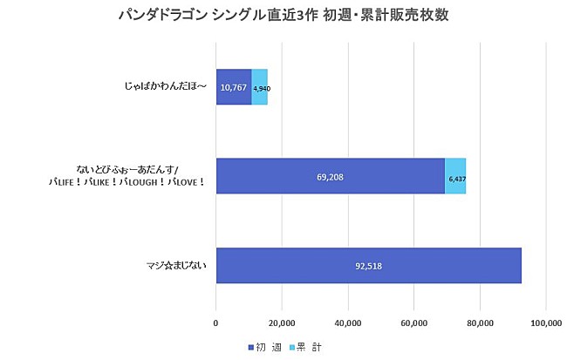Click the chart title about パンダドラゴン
tap(283, 16)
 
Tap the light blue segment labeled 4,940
tap(260, 87)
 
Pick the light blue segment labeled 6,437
tap(455, 176)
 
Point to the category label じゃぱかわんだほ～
tap(166, 87)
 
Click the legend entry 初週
tap(262, 347)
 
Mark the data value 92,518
tap(368, 266)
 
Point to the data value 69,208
tap(330, 176)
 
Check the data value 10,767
tap(234, 87)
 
